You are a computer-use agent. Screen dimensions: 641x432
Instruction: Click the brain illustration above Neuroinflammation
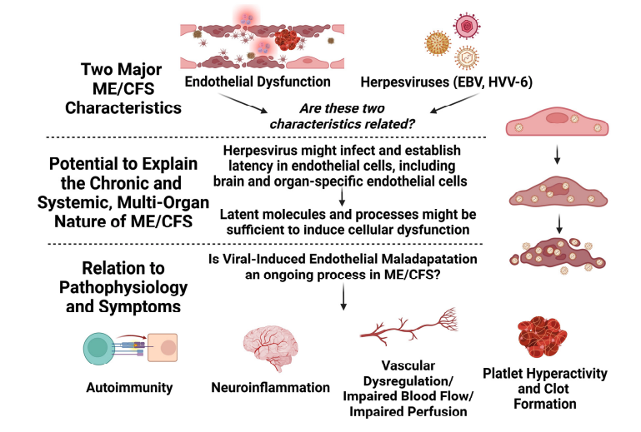[271, 348]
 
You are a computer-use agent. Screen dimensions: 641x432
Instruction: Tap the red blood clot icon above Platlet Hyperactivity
[542, 337]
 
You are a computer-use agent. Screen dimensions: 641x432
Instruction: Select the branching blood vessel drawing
[408, 326]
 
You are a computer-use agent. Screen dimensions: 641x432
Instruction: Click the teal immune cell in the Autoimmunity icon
[98, 348]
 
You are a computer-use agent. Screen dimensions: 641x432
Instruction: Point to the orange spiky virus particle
[438, 43]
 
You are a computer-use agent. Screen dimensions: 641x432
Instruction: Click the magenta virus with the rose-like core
[467, 26]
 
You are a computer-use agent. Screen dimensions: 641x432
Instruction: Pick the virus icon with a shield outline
[467, 57]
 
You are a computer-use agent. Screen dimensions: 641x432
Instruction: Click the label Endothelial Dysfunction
[258, 82]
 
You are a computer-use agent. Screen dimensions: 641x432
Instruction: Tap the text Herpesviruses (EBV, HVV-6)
[447, 82]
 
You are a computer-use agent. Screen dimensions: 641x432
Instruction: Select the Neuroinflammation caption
[270, 388]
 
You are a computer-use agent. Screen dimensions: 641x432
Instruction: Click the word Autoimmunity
[129, 388]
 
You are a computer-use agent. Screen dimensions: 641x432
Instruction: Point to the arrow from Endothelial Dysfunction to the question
[243, 102]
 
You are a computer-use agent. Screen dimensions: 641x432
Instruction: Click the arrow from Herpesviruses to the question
[454, 102]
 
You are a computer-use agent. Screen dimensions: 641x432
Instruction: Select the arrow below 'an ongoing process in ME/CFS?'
[343, 296]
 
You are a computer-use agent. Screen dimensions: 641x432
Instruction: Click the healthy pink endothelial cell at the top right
[557, 122]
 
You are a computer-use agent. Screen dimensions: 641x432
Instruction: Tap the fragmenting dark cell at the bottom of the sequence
[557, 256]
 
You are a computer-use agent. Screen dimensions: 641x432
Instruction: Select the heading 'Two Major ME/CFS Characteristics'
[123, 88]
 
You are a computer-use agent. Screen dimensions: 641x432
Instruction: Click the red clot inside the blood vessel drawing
[287, 40]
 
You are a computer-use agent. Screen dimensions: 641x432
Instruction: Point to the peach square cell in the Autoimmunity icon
[163, 347]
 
